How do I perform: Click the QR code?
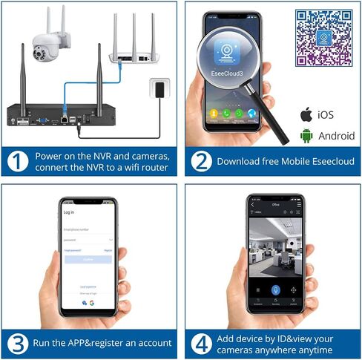[324, 38]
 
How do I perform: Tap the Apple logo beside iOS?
[305, 115]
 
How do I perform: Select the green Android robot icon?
[305, 135]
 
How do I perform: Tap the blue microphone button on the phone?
[275, 290]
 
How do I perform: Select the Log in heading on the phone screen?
[69, 212]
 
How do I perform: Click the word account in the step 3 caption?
[152, 343]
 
